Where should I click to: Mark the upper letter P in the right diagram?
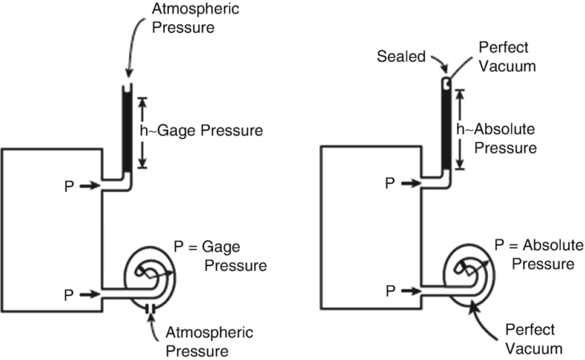pos(389,183)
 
